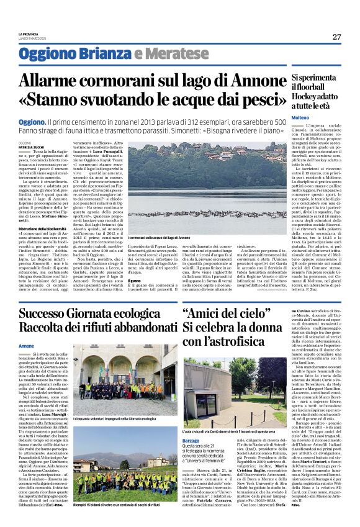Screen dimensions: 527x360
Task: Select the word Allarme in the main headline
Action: [52, 81]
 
